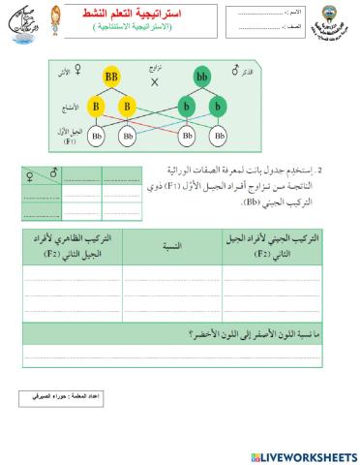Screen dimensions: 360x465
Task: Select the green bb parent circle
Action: pyautogui.click(x=202, y=74)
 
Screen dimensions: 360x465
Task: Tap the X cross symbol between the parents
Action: pyautogui.click(x=155, y=82)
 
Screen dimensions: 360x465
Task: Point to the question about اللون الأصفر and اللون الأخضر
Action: pyautogui.click(x=242, y=334)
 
